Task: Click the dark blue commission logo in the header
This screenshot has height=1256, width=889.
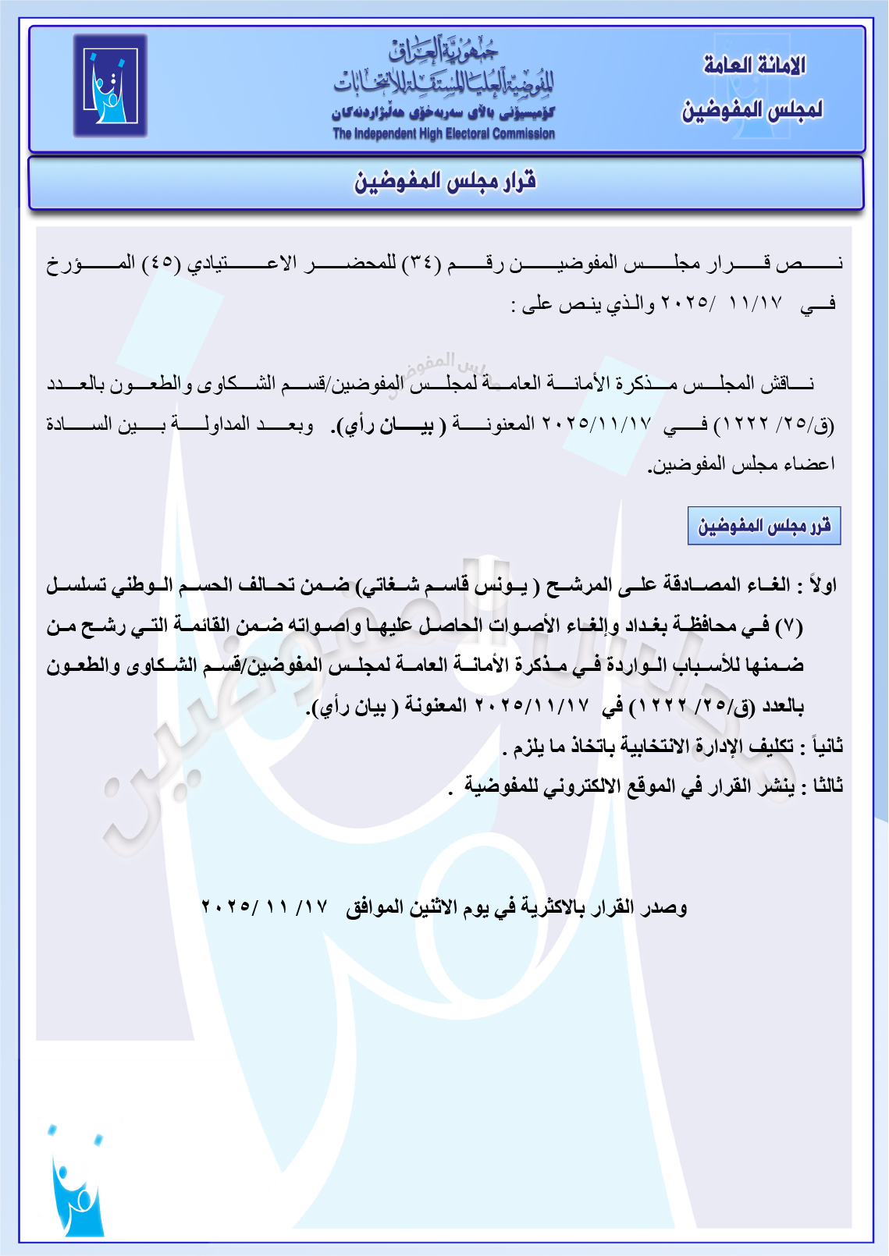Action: [x=110, y=86]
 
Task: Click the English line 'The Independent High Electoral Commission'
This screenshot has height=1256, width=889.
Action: [x=443, y=133]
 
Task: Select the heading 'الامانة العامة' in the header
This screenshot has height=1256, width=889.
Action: [x=754, y=66]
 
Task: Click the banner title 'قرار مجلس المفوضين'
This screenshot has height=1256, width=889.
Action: [x=446, y=182]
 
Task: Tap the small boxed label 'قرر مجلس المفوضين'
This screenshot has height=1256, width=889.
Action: [x=764, y=526]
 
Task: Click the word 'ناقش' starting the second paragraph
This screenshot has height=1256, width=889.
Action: [x=795, y=384]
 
